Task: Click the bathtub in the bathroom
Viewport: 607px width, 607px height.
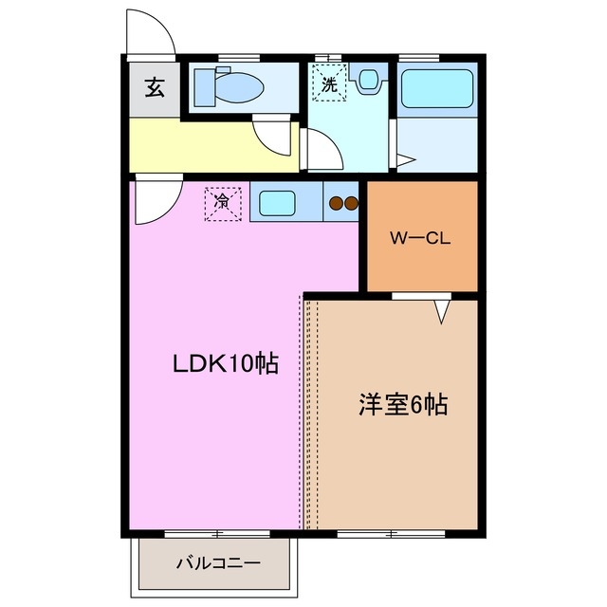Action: click(x=437, y=89)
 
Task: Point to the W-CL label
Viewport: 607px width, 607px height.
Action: click(x=421, y=238)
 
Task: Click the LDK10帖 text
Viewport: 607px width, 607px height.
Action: click(x=225, y=363)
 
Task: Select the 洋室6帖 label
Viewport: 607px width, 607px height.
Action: click(x=402, y=405)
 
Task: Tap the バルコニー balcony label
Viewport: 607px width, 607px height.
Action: click(x=217, y=563)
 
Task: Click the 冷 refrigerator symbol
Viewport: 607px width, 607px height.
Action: click(x=222, y=202)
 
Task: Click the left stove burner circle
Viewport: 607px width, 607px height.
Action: click(x=335, y=201)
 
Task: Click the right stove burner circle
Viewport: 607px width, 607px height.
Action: click(x=350, y=201)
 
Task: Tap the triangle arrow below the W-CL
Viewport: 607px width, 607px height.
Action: click(x=441, y=311)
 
